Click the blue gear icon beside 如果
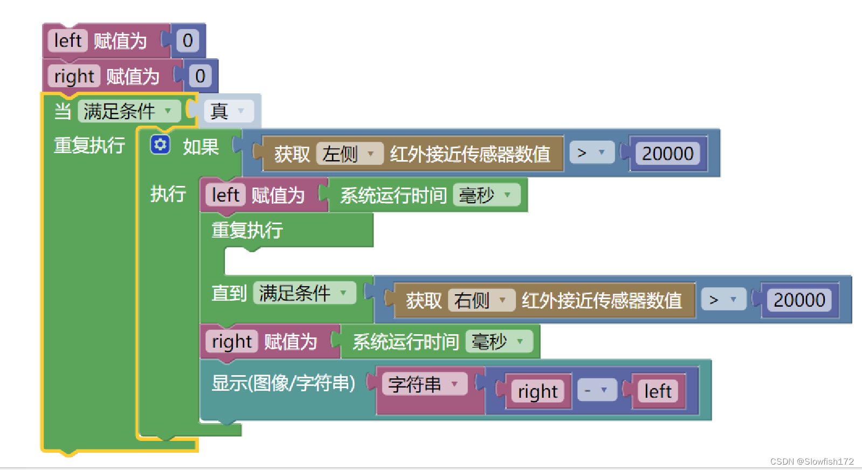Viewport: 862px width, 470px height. click(160, 145)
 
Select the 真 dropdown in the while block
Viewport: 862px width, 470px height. click(229, 111)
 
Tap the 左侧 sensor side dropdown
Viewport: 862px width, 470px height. click(349, 154)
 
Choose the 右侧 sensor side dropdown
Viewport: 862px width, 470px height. click(481, 300)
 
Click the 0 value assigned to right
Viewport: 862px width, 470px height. click(200, 76)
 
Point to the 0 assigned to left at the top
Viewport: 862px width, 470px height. click(188, 40)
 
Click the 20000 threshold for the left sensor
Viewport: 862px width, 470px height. click(668, 154)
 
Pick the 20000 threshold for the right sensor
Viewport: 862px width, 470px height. click(799, 300)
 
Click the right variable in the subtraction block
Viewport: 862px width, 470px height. click(537, 391)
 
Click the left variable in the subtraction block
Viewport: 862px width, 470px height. click(658, 391)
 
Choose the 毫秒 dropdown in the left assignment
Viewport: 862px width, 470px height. click(486, 195)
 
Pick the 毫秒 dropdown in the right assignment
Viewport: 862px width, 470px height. click(499, 341)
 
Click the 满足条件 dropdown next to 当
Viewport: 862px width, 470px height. click(129, 111)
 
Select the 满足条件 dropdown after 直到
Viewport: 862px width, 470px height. click(305, 293)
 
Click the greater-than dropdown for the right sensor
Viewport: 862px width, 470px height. click(723, 299)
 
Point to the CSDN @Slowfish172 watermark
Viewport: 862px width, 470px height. click(812, 461)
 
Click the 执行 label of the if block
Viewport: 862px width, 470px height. click(168, 193)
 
